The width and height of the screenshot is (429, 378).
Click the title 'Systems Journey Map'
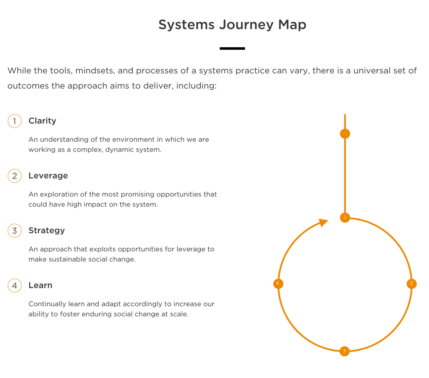tap(232, 25)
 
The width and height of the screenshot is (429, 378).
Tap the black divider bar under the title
tap(232, 48)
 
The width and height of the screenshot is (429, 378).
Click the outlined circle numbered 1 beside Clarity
tap(15, 121)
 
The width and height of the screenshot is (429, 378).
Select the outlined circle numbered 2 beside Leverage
tap(15, 176)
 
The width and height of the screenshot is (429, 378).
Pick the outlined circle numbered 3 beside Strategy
tap(15, 230)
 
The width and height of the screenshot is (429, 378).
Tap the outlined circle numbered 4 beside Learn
tap(15, 285)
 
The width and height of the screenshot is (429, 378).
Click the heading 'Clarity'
tap(42, 121)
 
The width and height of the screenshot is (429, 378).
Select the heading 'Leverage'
tap(48, 176)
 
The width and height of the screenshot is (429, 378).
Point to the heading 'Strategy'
tap(47, 230)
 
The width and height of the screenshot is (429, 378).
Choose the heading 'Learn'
tap(40, 285)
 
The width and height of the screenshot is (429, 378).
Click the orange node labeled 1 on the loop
tap(345, 218)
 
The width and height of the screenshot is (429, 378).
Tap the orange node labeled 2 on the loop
tap(411, 283)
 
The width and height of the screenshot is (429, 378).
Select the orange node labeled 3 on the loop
tap(344, 351)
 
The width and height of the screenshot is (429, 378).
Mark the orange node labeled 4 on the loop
tap(278, 283)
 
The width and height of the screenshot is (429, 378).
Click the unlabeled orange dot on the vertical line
tap(345, 134)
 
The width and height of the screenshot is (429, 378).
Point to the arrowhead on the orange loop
tap(324, 222)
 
